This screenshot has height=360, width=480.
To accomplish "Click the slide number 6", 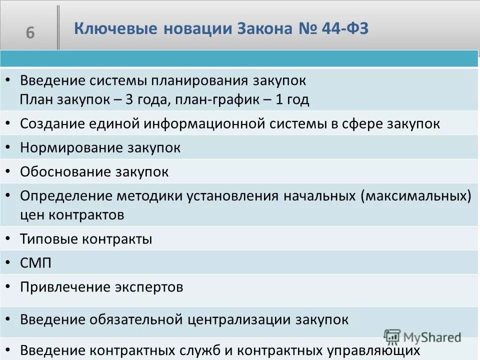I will pos(30,33).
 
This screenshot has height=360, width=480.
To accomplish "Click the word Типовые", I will pos(48,239).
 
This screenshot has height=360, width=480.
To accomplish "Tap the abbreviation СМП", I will pos(35,263).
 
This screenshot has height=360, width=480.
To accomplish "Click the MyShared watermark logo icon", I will pos(392,336).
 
